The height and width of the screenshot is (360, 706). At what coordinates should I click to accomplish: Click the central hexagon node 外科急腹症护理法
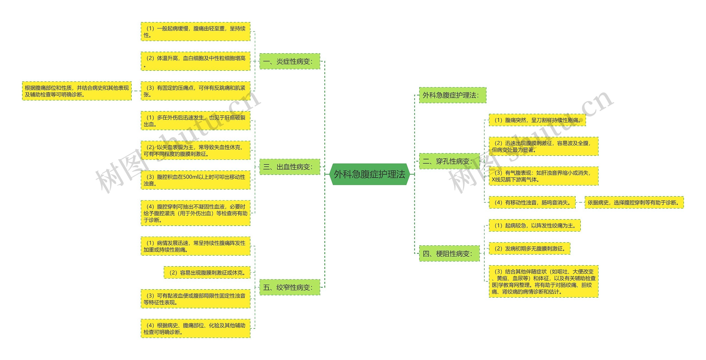pos(370,174)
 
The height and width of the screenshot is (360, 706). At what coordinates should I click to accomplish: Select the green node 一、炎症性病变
pos(290,61)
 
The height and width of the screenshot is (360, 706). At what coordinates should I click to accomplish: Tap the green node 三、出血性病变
pos(290,167)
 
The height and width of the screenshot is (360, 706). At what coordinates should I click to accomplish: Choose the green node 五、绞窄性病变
pos(290,287)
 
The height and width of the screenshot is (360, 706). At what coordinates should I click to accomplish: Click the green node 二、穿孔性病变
pos(449,161)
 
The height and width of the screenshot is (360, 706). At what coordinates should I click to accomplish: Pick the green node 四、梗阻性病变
pos(449,253)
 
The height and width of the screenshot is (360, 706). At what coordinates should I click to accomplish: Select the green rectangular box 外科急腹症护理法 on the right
pos(452,95)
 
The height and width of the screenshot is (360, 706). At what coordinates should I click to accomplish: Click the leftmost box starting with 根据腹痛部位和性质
pos(77,91)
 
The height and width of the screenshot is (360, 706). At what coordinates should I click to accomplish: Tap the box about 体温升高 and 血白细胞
pos(195,61)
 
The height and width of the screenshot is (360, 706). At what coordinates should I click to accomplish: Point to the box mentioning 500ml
pos(195,180)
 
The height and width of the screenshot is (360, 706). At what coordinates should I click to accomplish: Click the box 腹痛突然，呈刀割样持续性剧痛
pos(537,120)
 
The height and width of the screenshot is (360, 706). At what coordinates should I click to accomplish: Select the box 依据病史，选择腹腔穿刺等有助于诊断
pos(634,202)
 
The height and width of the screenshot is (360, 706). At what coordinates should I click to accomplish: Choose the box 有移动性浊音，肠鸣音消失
pos(532,202)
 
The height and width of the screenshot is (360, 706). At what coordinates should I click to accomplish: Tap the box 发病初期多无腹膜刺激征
pos(529,249)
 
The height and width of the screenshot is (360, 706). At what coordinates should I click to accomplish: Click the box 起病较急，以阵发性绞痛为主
pos(534,225)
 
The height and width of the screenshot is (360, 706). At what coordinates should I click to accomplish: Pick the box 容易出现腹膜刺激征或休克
pos(207,273)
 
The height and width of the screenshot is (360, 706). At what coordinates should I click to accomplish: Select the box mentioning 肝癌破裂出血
pos(195,121)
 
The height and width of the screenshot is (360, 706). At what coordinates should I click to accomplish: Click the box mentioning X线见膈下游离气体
pos(543,176)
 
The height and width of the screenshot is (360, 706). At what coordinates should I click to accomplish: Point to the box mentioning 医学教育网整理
pos(543,281)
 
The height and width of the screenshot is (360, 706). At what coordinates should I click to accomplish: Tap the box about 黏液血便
pos(195,299)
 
